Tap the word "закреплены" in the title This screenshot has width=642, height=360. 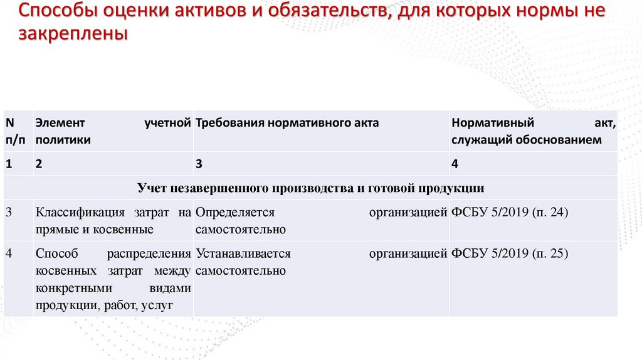point(72,34)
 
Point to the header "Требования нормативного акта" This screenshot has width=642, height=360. point(287,124)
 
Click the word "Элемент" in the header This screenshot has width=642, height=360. point(60,123)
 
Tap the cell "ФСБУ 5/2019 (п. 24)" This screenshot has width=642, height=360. point(509,213)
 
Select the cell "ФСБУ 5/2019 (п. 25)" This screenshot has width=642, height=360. point(509,254)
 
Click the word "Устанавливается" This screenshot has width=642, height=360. point(243,254)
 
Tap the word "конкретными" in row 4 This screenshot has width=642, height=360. point(73,289)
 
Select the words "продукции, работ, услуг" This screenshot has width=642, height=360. point(104,305)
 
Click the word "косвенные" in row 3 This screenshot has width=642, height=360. point(123,230)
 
